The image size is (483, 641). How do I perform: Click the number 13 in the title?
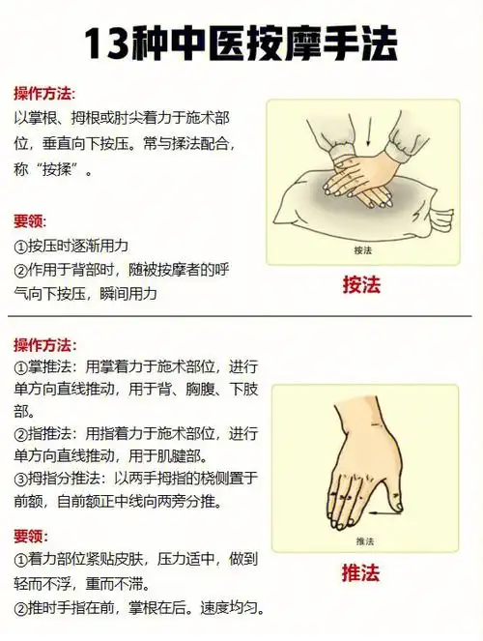[109, 44]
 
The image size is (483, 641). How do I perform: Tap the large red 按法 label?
[364, 285]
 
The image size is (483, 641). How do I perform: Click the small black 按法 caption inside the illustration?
[364, 250]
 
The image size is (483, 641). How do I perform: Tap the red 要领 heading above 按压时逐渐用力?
[30, 220]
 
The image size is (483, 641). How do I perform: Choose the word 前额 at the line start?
[30, 501]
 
